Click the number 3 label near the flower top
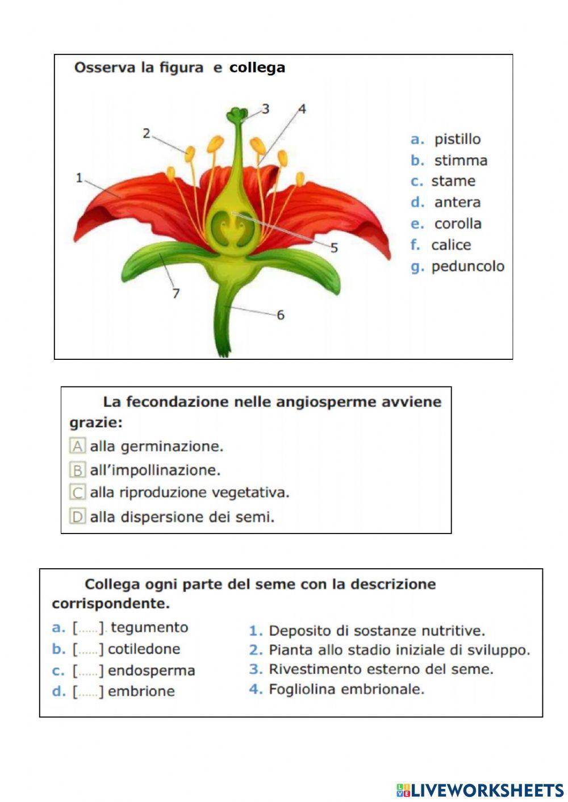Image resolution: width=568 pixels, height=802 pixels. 265,108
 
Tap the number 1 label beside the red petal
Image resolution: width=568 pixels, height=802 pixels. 79,178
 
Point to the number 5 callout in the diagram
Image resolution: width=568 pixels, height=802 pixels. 334,247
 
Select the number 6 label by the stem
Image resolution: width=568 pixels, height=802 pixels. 280,314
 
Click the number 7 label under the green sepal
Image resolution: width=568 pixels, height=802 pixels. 176,293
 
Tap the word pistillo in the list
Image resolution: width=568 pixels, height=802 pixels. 457,139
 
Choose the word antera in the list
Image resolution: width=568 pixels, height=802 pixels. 457,202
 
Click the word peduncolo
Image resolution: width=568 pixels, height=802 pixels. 467,266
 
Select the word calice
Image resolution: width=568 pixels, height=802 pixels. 451,245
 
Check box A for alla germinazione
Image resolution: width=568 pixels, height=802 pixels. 77,446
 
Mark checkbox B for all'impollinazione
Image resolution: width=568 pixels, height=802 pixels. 77,470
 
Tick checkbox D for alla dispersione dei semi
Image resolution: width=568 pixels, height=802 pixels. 77,517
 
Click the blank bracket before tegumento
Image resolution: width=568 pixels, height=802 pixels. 88,628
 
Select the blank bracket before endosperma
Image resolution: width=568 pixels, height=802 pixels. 88,671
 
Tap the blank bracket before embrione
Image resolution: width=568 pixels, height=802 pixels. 88,691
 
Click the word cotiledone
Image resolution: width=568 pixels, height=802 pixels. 144,649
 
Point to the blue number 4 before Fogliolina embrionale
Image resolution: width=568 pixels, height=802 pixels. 256,690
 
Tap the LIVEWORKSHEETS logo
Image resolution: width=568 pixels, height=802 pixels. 480,790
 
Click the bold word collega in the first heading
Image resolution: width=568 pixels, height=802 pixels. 257,68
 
